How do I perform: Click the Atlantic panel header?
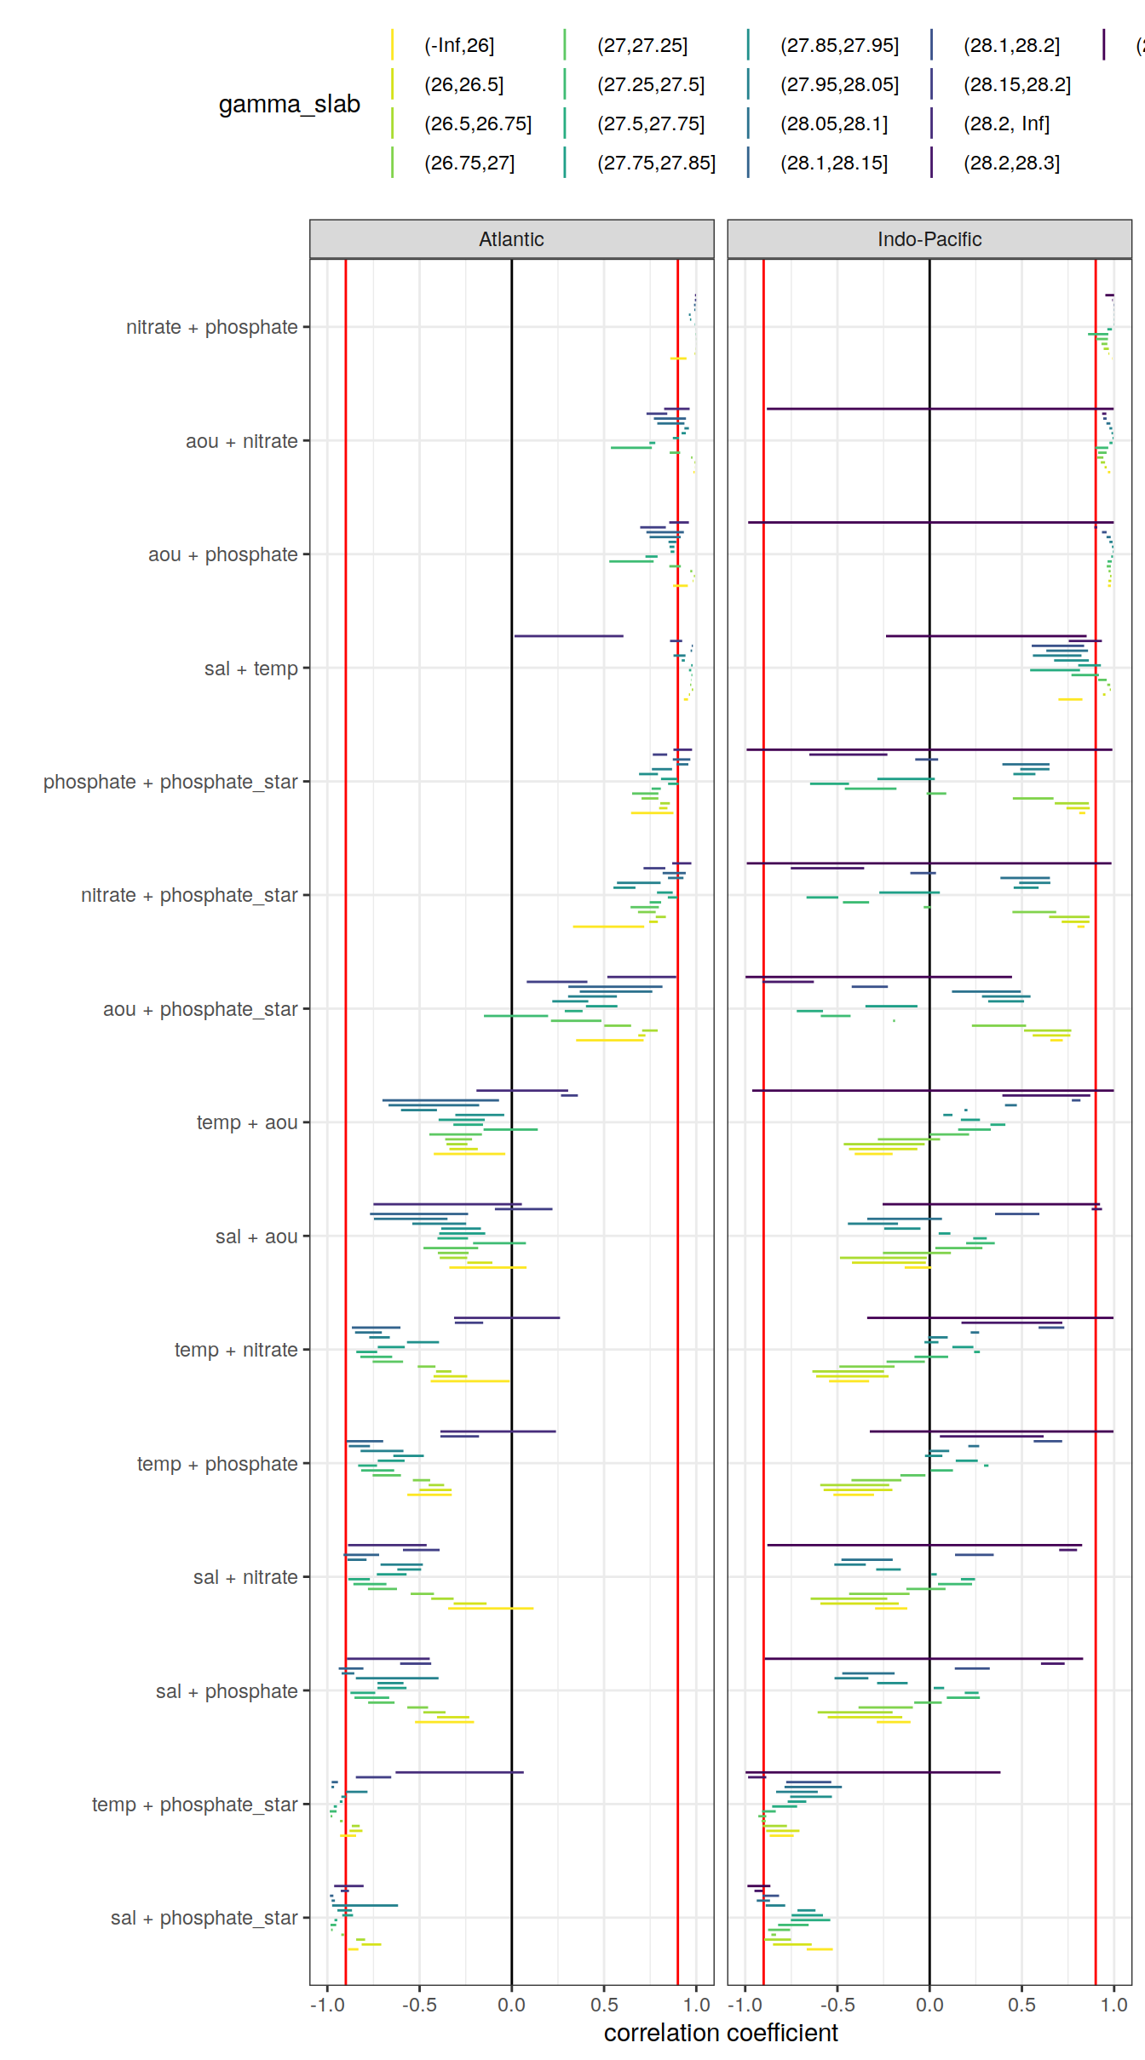click(x=511, y=239)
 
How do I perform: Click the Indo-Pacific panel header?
click(x=929, y=239)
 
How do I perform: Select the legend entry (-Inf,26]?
click(x=458, y=45)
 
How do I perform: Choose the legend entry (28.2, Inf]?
click(x=1005, y=123)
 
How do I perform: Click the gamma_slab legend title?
click(x=289, y=104)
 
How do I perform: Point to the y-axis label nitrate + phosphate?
click(x=211, y=327)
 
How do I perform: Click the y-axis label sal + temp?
click(x=250, y=668)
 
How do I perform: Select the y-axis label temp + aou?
click(x=246, y=1122)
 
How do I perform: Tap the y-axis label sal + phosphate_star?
click(x=204, y=1918)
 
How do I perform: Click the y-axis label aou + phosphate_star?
click(x=200, y=1009)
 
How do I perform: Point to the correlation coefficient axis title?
click(x=721, y=2033)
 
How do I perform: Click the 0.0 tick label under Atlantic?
click(x=511, y=2005)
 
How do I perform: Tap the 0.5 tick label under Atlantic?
click(x=604, y=2005)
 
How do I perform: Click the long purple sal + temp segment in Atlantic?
click(x=568, y=636)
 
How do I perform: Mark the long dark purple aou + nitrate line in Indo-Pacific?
click(x=937, y=409)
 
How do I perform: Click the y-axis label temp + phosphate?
click(x=216, y=1464)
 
